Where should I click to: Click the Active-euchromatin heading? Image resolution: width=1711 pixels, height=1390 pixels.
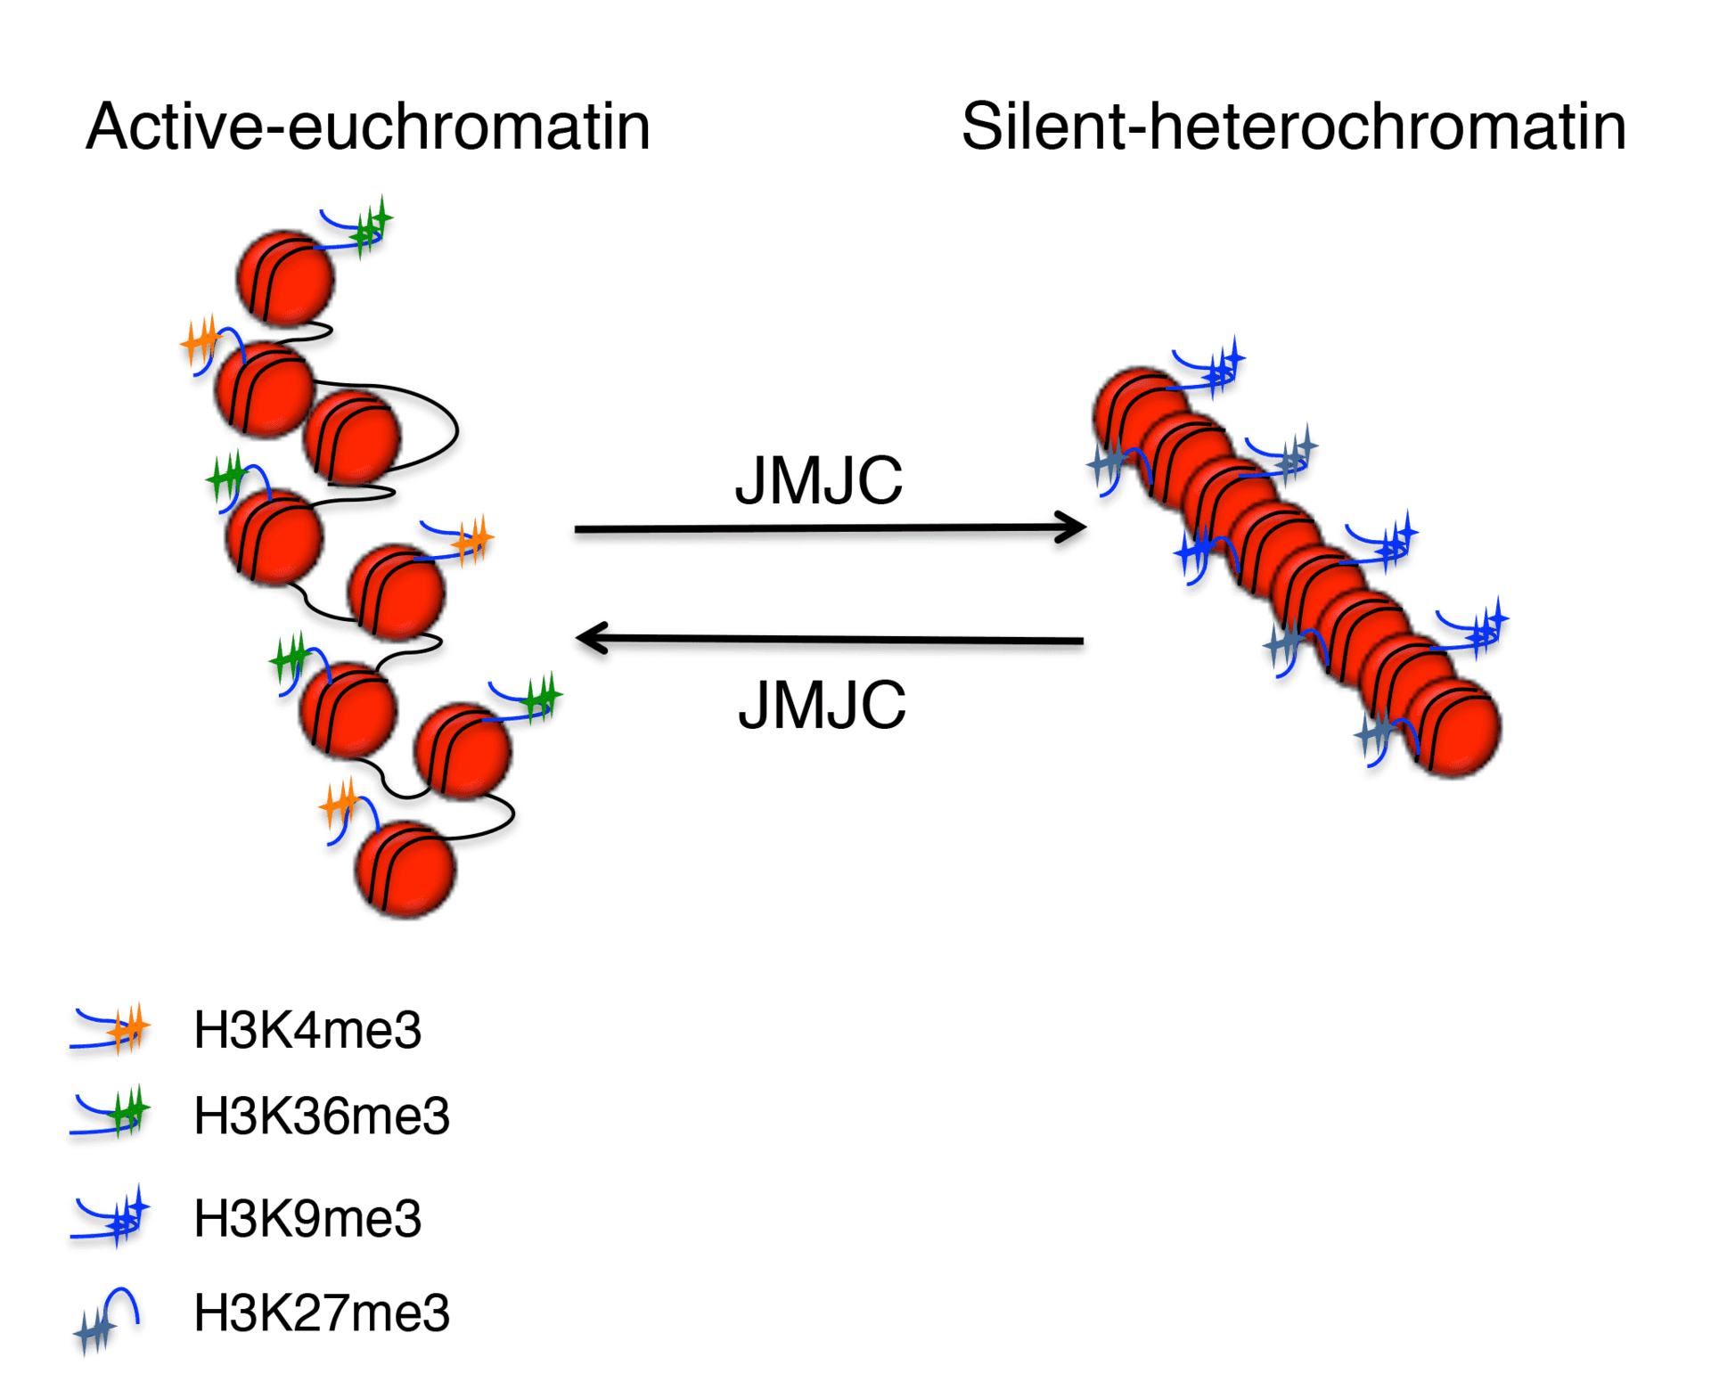[368, 127]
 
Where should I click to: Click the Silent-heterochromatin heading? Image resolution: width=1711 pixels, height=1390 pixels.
[1293, 127]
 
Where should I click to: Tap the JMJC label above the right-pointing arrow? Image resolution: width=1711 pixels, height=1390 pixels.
[818, 481]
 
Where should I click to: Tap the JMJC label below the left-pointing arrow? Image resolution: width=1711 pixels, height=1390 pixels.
[822, 706]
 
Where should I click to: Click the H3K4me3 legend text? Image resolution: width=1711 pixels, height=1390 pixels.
[307, 1030]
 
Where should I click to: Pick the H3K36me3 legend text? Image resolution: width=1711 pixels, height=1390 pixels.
[322, 1116]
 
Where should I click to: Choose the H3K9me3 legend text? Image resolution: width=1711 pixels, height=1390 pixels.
[307, 1218]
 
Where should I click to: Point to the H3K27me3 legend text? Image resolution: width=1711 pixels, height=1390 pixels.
[322, 1312]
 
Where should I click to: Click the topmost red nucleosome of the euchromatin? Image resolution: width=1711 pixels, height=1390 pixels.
[285, 278]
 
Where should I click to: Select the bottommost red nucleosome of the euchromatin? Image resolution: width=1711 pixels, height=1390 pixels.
[405, 869]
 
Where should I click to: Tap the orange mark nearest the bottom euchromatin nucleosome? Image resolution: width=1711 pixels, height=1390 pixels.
[340, 805]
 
